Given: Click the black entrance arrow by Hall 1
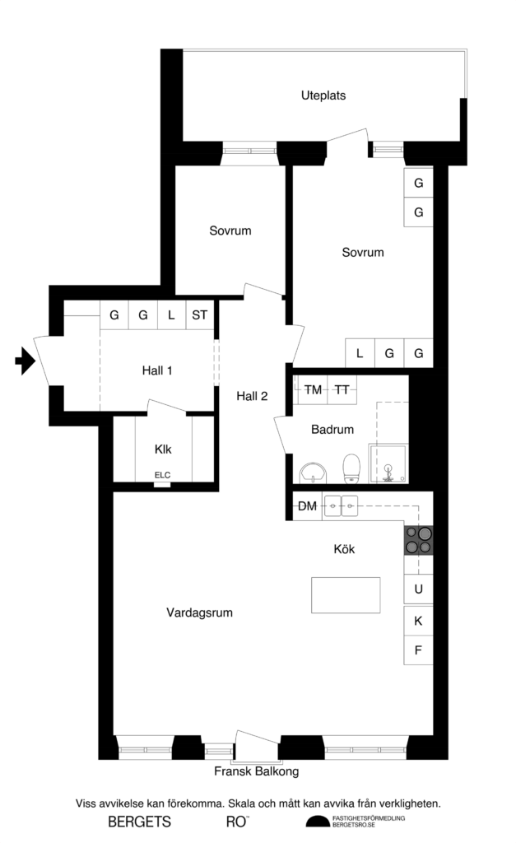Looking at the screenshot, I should point(25,360).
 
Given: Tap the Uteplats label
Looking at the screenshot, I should point(323,95).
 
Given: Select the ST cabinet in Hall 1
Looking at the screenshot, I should point(199,314).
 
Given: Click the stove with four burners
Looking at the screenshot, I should point(418,538).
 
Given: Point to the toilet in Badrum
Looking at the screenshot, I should point(350,468).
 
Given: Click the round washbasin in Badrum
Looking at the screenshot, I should point(313,473).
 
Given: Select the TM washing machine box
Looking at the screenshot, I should point(313,389).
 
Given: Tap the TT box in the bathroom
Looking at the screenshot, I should point(342,389).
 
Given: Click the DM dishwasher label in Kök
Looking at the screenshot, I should point(307,506).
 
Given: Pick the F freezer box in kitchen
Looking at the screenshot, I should point(418,650).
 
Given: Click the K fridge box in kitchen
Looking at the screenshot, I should point(418,621).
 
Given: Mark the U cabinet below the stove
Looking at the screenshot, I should point(418,589).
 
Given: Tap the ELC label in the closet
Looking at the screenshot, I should point(162,475).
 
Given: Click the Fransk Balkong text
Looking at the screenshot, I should point(256,772).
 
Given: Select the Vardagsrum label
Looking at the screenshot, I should point(199,612).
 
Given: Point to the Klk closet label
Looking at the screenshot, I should point(162,449).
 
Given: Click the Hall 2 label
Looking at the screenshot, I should point(252,396).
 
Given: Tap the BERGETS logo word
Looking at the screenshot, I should point(140,821).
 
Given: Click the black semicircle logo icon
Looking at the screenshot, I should point(318,821).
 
